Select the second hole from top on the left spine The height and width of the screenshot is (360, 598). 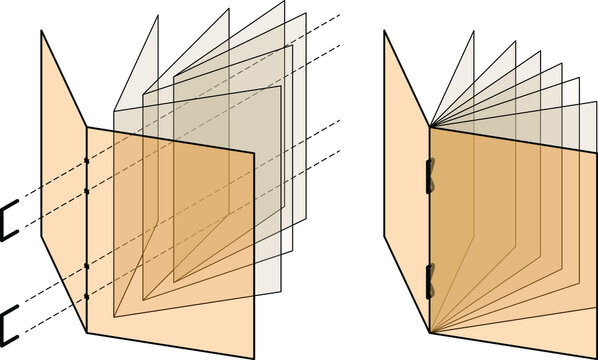tap(87, 189)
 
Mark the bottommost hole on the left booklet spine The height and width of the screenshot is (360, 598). tap(87, 296)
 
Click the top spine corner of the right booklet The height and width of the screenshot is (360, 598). tap(430, 127)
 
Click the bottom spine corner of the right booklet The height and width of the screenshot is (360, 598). tap(430, 332)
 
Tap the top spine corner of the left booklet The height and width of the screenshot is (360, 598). tap(87, 127)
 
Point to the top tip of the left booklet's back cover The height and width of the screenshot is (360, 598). tap(42, 31)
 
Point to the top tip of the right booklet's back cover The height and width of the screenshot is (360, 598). tap(385, 31)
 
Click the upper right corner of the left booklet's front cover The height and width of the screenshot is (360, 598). tap(254, 151)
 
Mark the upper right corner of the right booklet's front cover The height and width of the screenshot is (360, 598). tap(596, 151)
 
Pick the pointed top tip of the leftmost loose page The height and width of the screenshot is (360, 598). tap(158, 16)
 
